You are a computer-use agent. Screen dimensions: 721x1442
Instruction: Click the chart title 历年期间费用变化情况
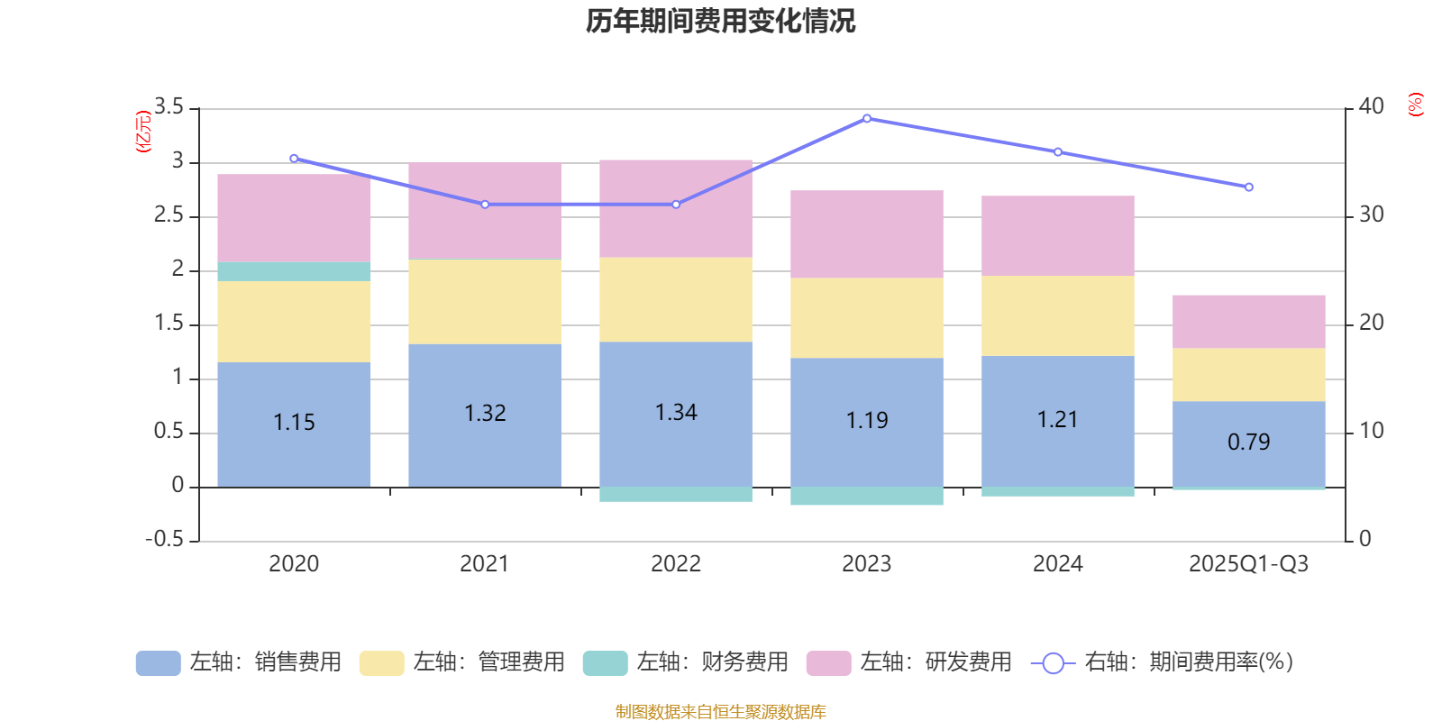[x=720, y=21]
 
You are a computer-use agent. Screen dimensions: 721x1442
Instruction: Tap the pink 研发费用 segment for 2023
[x=867, y=233]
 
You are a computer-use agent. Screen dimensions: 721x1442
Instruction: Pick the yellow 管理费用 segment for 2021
[x=485, y=301]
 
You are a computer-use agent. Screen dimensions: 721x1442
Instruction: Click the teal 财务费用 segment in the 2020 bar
[x=294, y=271]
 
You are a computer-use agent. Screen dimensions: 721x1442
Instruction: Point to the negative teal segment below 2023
[x=867, y=497]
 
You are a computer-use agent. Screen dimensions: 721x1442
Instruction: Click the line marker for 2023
[x=867, y=118]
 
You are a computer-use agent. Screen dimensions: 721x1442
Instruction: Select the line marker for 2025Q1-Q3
[x=1248, y=187]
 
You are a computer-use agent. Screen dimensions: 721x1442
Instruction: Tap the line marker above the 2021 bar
[x=485, y=205]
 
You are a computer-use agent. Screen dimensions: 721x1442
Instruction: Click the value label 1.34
[x=676, y=412]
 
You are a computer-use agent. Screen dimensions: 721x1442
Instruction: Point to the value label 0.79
[x=1248, y=442]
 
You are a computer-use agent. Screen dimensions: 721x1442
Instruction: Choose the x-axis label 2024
[x=1057, y=563]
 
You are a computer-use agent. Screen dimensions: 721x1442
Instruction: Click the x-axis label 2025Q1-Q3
[x=1248, y=563]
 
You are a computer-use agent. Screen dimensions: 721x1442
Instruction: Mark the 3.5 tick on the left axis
[x=169, y=107]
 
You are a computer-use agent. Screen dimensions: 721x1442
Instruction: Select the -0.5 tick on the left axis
[x=165, y=539]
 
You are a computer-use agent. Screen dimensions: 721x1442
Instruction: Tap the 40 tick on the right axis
[x=1371, y=106]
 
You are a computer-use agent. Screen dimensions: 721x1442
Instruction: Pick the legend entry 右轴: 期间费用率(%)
[x=1162, y=662]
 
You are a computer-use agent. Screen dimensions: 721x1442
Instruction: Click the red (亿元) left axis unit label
[x=142, y=132]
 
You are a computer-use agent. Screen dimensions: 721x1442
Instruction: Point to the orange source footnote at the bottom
[x=720, y=712]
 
